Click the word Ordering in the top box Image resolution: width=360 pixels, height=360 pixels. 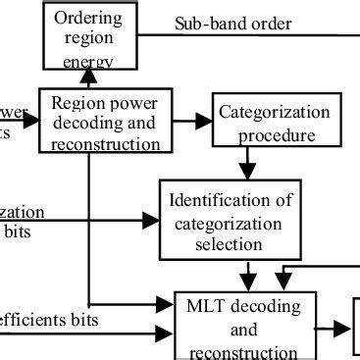(88, 19)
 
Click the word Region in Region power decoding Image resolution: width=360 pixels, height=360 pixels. (76, 101)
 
